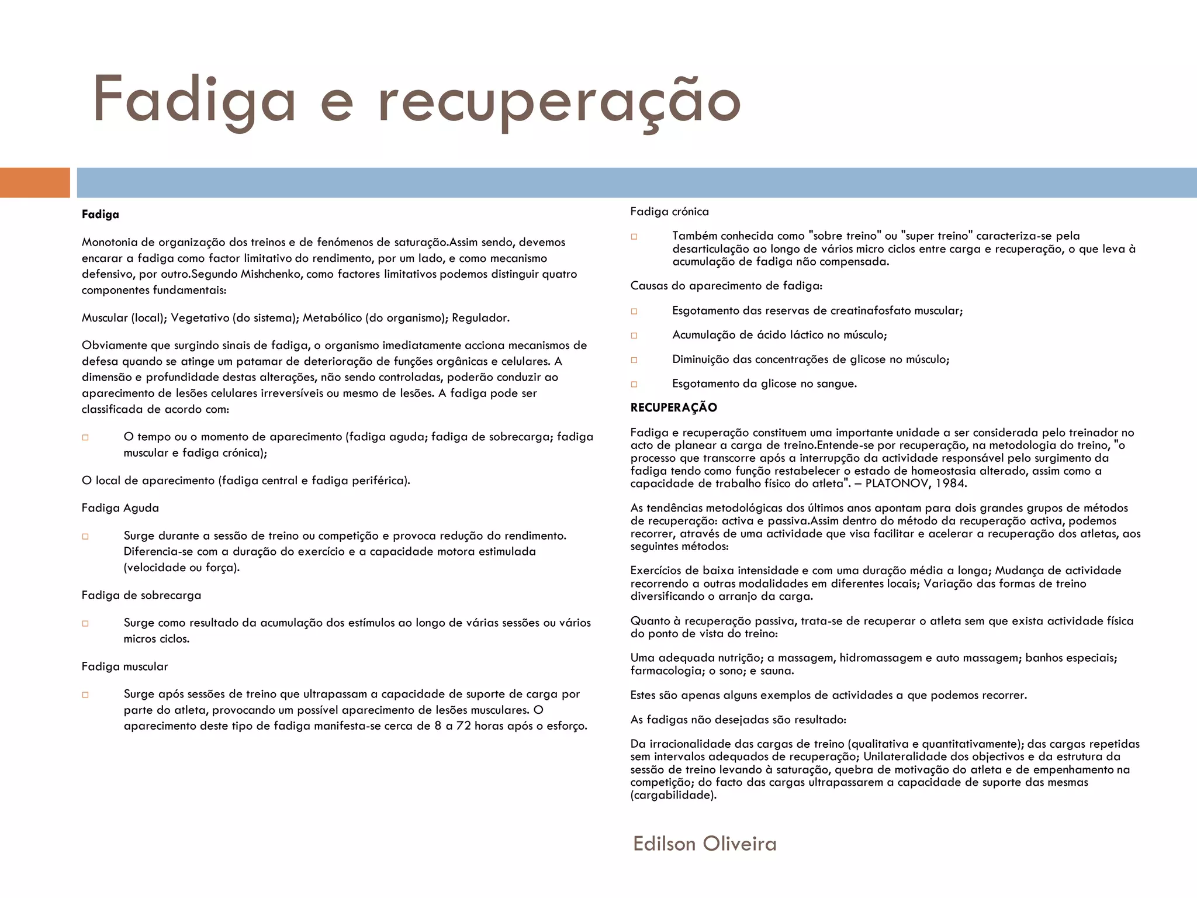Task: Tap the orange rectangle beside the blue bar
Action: pyautogui.click(x=34, y=182)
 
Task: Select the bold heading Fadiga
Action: pyautogui.click(x=101, y=215)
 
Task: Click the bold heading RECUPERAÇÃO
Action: pyautogui.click(x=673, y=407)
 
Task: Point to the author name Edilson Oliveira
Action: pyautogui.click(x=704, y=844)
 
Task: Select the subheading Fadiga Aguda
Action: pyautogui.click(x=120, y=508)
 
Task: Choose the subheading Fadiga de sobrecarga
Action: pyautogui.click(x=141, y=595)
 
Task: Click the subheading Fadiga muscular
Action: pyautogui.click(x=124, y=666)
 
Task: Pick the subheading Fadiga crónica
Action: pyautogui.click(x=669, y=212)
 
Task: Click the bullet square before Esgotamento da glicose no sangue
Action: pyautogui.click(x=634, y=384)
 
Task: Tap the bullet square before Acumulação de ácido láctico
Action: pyautogui.click(x=634, y=336)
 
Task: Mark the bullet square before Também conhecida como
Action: pyautogui.click(x=634, y=237)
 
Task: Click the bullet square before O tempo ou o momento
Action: pyautogui.click(x=85, y=437)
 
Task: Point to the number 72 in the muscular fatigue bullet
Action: pyautogui.click(x=463, y=726)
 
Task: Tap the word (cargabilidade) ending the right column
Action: pyautogui.click(x=673, y=795)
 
